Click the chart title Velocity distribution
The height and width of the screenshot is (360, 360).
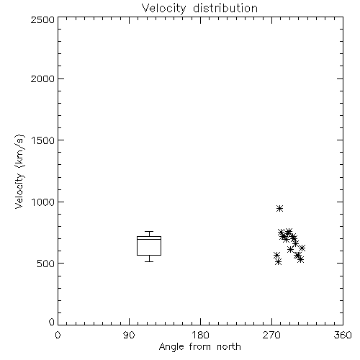[199, 9]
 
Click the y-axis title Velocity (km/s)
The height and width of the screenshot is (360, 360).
[19, 171]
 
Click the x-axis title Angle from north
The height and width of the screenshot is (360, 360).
[199, 347]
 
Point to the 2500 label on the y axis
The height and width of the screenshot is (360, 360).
[42, 19]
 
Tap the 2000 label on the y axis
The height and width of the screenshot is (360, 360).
[42, 78]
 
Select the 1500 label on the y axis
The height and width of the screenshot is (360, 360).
[43, 140]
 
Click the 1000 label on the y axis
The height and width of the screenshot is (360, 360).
[43, 202]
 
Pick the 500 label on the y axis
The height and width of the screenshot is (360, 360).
[46, 264]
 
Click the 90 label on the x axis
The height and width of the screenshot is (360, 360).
[129, 335]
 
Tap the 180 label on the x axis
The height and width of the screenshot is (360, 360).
[200, 335]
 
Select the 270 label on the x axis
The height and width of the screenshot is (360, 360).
[271, 335]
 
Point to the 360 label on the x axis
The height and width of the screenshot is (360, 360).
[343, 335]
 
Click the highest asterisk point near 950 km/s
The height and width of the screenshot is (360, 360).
[279, 208]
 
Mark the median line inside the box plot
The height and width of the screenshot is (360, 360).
[149, 239]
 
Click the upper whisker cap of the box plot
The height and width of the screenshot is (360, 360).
[149, 232]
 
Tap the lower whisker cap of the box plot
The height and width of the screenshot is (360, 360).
[149, 261]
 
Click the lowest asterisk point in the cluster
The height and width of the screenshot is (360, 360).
[279, 262]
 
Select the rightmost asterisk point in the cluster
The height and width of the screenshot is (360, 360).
[302, 248]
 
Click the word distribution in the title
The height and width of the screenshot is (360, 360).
[225, 9]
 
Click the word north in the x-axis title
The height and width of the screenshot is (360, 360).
[229, 347]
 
